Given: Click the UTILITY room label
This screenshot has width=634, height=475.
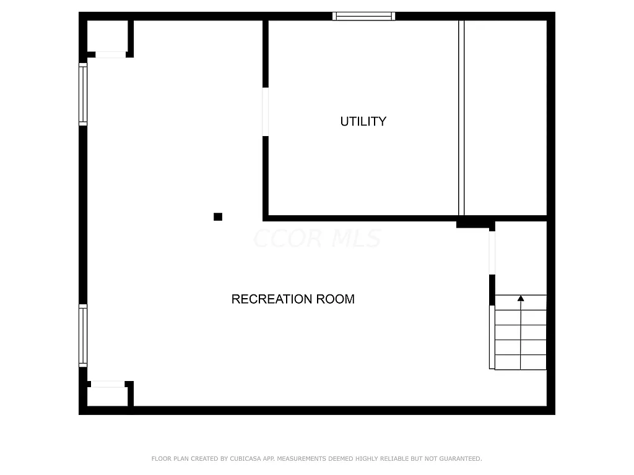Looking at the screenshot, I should pos(363,121).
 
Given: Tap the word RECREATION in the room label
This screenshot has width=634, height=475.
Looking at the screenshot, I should pos(272,299).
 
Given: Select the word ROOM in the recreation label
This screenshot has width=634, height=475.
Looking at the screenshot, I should pos(335,299).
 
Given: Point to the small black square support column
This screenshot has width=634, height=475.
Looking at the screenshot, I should pos(218,216).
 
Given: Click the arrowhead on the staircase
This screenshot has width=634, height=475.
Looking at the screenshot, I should pos(521,299).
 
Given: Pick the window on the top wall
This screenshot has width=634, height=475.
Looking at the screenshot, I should pos(363,16).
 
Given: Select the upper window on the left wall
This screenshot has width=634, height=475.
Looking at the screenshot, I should pos(83,94).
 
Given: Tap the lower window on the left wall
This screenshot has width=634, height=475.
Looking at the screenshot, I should pos(83,335).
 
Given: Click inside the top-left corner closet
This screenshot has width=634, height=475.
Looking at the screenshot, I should pos(107,36).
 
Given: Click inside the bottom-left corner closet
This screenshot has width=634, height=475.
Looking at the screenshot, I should pos(107,396).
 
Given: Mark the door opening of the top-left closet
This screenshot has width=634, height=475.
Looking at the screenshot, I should pos(110,54).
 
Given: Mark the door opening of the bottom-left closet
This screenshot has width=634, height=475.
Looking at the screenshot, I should pos(108,384).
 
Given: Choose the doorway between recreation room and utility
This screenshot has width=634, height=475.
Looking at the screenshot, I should pos(266,112).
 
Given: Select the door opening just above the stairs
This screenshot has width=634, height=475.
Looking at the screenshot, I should pos(492,252).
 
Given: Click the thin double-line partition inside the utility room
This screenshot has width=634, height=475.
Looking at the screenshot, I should pos(461,118).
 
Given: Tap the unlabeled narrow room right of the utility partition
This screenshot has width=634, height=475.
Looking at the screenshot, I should pos(505,118).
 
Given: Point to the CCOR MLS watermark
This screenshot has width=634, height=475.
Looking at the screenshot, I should pos(317,239).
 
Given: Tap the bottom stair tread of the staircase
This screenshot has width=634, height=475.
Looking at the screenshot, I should pos(521,362).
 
